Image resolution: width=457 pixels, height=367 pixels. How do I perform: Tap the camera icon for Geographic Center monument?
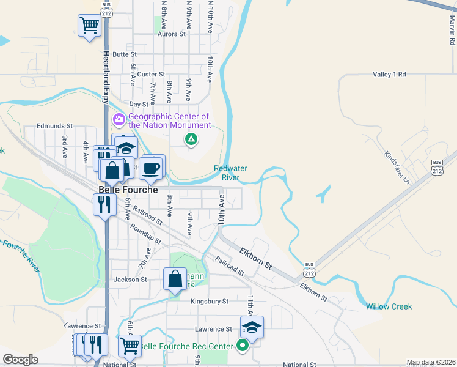click(118, 118)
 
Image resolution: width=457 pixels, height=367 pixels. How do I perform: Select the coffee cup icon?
click(151, 167)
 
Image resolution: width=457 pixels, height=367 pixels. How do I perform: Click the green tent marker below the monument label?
click(191, 139)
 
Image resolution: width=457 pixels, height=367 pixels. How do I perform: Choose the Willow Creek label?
click(389, 306)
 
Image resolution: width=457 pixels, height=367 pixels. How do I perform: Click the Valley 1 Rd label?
click(389, 74)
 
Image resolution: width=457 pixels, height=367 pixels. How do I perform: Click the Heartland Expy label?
click(106, 76)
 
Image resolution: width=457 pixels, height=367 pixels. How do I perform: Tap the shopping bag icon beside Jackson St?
click(175, 279)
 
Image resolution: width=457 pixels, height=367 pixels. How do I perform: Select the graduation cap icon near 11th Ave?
click(251, 327)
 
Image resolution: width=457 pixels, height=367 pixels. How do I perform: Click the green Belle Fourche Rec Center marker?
click(243, 346)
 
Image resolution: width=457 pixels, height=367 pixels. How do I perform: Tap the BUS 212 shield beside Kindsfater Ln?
click(436, 167)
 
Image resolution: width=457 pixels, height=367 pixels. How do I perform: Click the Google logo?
click(20, 360)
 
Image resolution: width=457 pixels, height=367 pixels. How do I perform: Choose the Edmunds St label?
click(54, 126)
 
